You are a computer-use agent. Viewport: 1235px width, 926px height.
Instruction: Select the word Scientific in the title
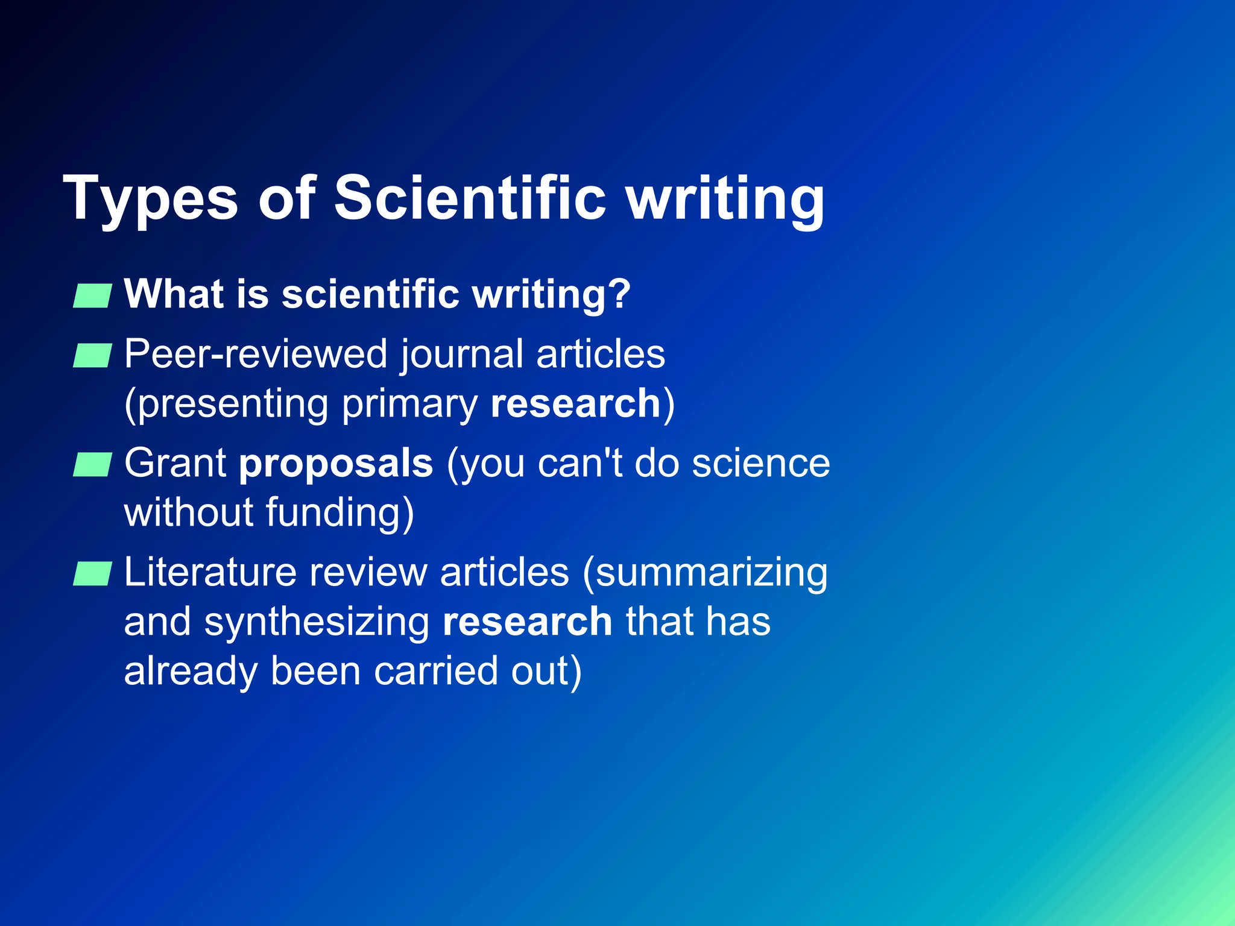(x=470, y=198)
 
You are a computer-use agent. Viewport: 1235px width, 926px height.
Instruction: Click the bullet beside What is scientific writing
(x=92, y=296)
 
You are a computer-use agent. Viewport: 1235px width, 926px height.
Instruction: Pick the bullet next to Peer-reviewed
(x=92, y=356)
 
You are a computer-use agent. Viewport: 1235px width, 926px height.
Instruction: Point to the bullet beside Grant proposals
(x=92, y=465)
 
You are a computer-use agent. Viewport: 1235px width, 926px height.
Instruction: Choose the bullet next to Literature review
(x=92, y=573)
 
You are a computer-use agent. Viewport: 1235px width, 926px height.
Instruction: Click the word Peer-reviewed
(x=256, y=354)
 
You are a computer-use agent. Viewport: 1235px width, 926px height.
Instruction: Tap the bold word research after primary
(x=576, y=403)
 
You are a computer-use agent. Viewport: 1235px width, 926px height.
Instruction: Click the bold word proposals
(x=336, y=464)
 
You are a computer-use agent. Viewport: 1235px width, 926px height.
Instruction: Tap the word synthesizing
(x=317, y=623)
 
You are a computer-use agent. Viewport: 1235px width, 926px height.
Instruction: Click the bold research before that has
(x=528, y=622)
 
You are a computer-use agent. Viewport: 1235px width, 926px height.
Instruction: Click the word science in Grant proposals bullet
(x=761, y=464)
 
